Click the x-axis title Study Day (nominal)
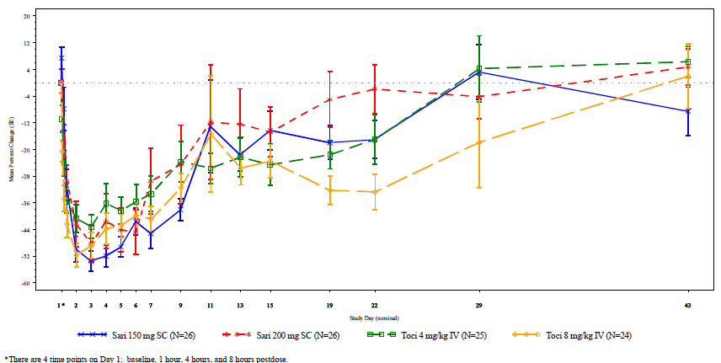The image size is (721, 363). (376, 318)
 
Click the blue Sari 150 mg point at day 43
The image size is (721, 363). (687, 110)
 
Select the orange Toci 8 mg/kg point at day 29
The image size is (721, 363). (478, 142)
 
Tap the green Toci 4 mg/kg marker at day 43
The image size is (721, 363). (687, 61)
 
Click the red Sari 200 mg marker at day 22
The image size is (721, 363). (374, 89)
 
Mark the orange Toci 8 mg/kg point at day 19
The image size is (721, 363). (329, 190)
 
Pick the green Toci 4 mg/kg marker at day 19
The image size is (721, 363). (329, 155)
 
